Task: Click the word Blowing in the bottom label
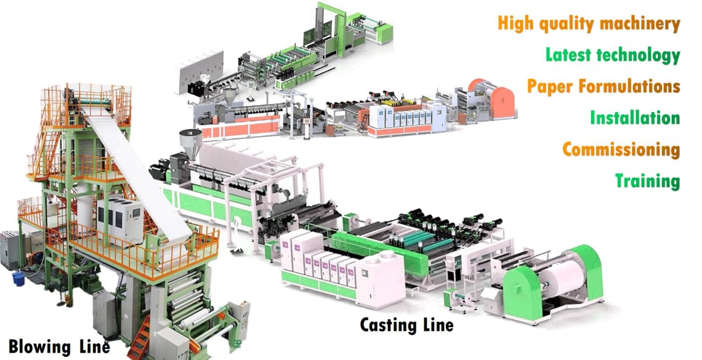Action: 40,346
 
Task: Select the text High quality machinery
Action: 589,23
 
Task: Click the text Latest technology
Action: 613,55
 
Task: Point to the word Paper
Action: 550,86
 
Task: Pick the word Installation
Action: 635,118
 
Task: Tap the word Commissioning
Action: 621,150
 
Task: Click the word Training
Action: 647,181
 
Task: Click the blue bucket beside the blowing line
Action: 18,278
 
